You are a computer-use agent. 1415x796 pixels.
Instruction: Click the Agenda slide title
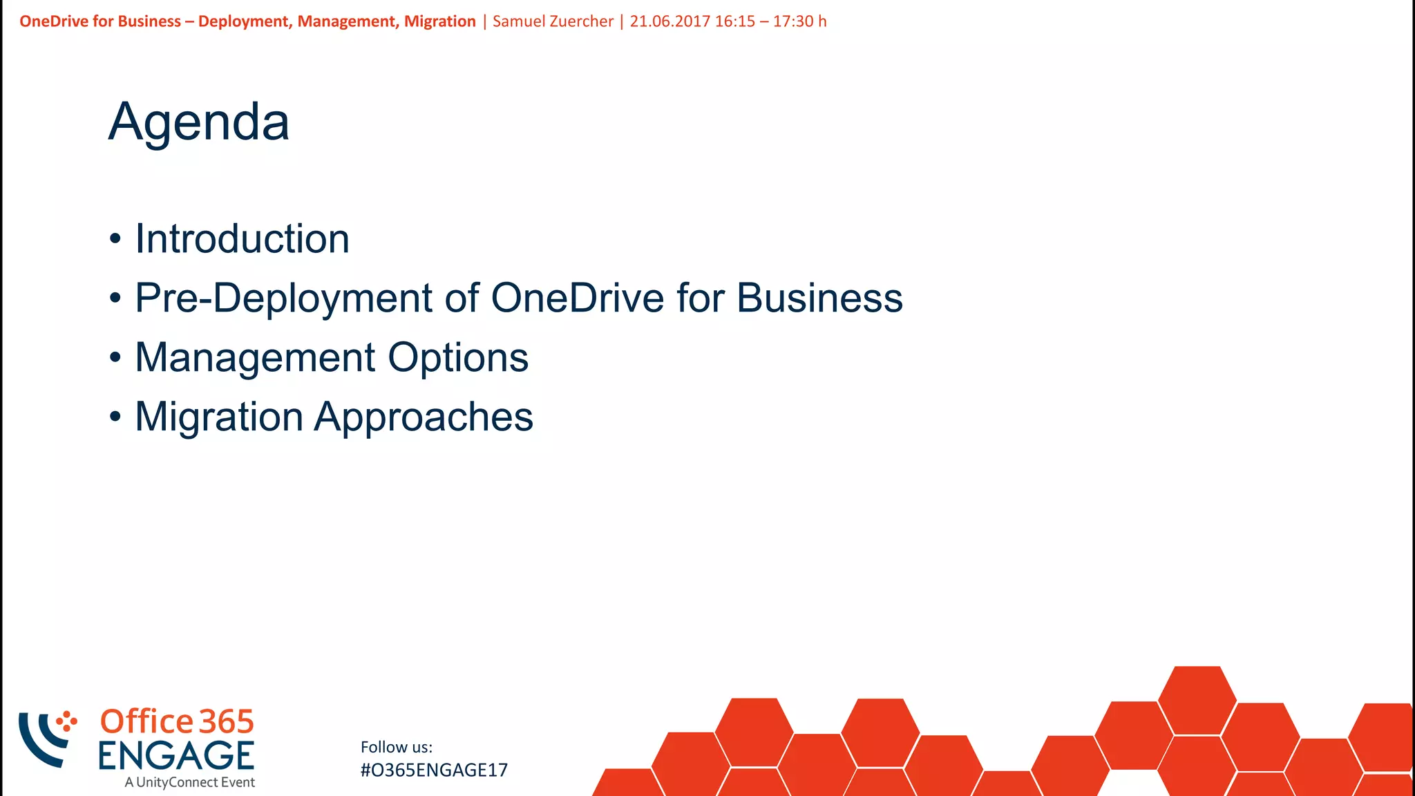point(199,123)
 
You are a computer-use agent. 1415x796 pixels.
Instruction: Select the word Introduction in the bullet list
point(242,239)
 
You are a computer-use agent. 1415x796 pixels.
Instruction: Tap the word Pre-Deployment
point(284,298)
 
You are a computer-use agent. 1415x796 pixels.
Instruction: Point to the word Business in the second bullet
point(819,298)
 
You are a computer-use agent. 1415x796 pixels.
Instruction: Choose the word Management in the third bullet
point(255,358)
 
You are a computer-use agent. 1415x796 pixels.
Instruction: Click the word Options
point(458,358)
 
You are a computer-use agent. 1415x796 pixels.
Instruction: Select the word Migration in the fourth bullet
point(219,417)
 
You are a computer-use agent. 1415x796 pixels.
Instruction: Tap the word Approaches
point(424,417)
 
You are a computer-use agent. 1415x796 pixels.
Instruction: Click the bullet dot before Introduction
point(115,240)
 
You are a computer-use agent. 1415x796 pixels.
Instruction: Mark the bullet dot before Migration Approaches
point(115,417)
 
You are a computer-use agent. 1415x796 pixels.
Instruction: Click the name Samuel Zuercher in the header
point(553,21)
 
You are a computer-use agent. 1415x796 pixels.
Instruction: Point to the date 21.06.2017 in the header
point(669,21)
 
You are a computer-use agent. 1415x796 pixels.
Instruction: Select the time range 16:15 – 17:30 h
point(770,21)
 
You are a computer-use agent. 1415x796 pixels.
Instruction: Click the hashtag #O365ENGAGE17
point(434,770)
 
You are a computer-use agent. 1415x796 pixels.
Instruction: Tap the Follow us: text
point(397,747)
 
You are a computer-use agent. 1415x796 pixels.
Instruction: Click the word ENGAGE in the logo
point(176,756)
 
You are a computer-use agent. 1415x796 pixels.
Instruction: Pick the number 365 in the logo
point(227,722)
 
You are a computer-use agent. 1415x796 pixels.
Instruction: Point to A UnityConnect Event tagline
point(190,783)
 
